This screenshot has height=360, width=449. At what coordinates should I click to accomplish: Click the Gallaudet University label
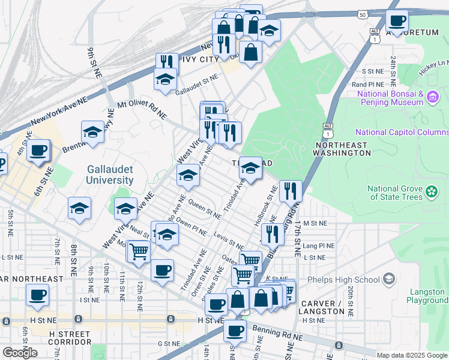[109, 175]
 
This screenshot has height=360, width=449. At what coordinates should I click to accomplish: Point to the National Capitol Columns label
[402, 133]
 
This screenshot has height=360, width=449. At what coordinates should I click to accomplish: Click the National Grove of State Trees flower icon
[432, 192]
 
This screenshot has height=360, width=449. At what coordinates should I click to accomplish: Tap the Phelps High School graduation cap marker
[389, 279]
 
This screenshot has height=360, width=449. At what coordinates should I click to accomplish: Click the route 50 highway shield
[361, 14]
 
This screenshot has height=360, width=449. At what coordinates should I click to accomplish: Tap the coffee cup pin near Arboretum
[397, 21]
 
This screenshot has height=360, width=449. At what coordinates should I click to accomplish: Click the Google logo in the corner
[20, 352]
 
